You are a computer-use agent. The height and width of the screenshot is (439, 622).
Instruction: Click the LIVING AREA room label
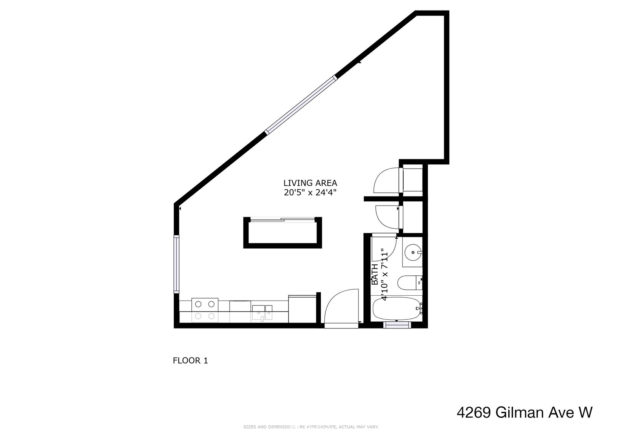pyautogui.click(x=310, y=183)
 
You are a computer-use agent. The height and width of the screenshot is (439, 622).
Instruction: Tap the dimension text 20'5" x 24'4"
pyautogui.click(x=310, y=192)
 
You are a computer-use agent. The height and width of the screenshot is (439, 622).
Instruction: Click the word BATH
pyautogui.click(x=375, y=274)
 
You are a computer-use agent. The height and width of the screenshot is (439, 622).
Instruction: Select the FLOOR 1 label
pyautogui.click(x=190, y=361)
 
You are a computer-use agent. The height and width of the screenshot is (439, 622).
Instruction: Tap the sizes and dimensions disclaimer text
pyautogui.click(x=311, y=427)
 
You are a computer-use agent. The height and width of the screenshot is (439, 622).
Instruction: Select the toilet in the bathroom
pyautogui.click(x=410, y=283)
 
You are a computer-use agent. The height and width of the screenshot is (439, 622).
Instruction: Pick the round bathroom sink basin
pyautogui.click(x=413, y=252)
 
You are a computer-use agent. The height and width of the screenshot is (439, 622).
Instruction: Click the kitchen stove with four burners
pyautogui.click(x=205, y=310)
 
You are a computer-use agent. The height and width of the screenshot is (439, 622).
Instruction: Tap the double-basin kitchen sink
pyautogui.click(x=262, y=313)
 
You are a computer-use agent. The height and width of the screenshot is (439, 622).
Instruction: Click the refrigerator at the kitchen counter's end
pyautogui.click(x=303, y=309)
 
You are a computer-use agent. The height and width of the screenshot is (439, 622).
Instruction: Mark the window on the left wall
pyautogui.click(x=177, y=264)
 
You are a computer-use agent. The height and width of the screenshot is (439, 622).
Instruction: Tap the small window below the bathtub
pyautogui.click(x=397, y=325)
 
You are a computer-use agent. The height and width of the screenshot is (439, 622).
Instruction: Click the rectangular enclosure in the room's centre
pyautogui.click(x=282, y=232)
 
